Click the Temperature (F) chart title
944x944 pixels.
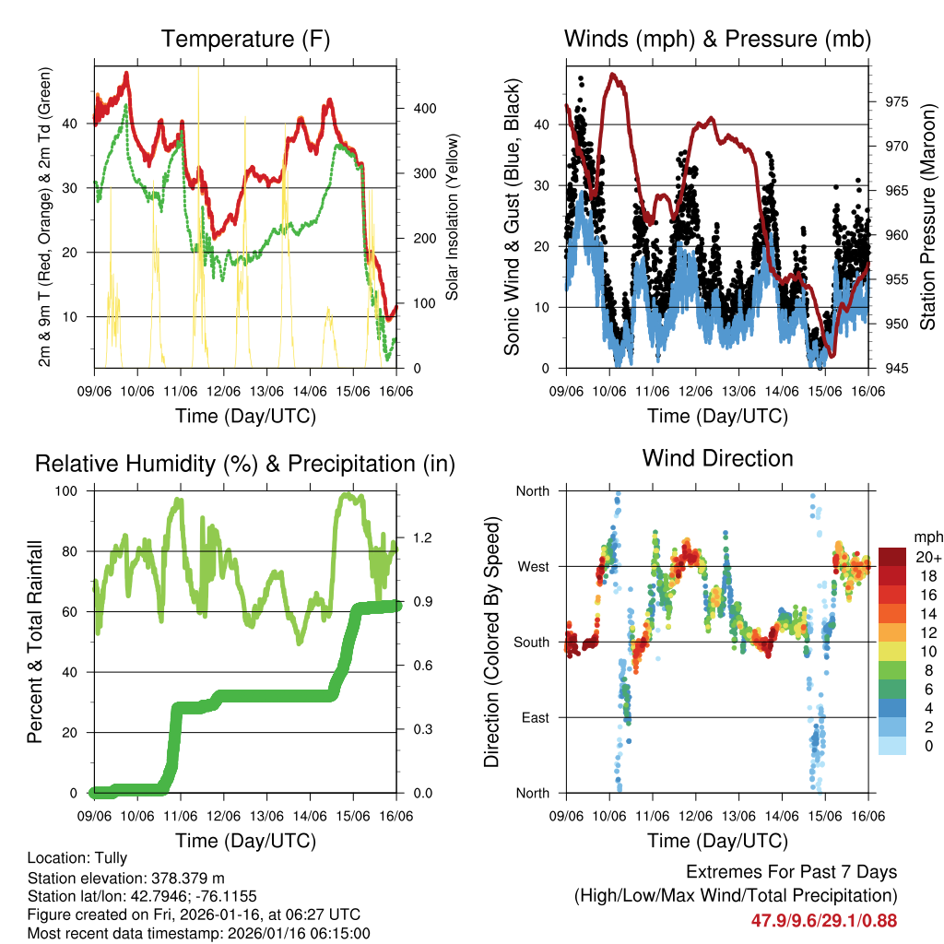click(x=245, y=39)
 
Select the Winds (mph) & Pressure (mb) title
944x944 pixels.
click(x=717, y=39)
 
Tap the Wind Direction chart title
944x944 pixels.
click(x=717, y=457)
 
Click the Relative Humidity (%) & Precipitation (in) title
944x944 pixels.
click(x=245, y=464)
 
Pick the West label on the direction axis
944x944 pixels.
click(x=532, y=567)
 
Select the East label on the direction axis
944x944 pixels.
click(x=534, y=717)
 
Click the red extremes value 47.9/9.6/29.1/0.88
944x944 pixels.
click(x=824, y=920)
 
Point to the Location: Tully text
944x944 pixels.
click(x=77, y=858)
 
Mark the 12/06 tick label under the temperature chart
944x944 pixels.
click(x=223, y=391)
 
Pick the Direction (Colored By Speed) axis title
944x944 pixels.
click(x=491, y=642)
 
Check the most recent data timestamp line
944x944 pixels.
click(x=198, y=933)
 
